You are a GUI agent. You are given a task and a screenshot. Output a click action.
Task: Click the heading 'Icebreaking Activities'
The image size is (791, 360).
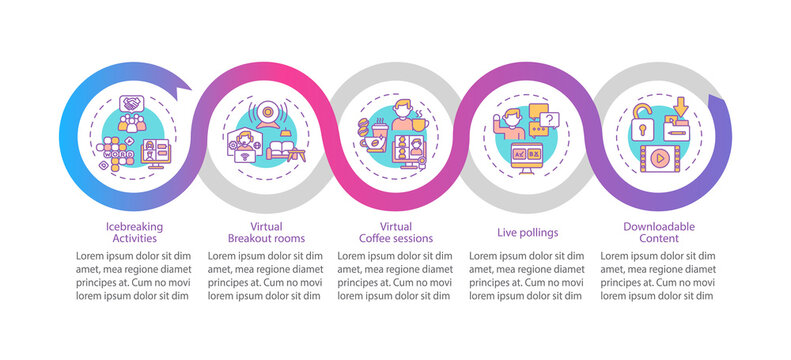coord(134,233)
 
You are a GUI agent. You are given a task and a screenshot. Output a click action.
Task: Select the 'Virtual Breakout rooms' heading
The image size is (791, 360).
coord(265,233)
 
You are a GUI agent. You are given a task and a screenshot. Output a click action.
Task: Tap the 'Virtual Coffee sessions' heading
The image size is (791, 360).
coord(396,233)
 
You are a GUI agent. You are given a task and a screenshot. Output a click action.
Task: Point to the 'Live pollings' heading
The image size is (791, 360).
coord(527,232)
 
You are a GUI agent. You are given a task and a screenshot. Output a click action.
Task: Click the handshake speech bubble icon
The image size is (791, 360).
coord(133,105)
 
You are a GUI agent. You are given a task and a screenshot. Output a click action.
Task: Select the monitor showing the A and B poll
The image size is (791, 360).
coord(527,157)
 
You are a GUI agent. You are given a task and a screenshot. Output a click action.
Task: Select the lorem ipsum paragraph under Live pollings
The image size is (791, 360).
coord(527,275)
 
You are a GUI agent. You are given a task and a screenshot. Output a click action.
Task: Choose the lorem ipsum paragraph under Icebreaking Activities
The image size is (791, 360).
coord(134,275)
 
